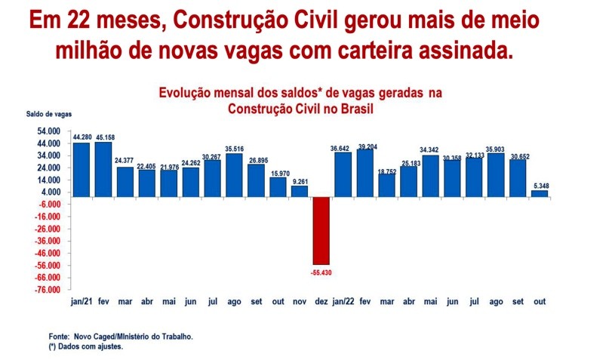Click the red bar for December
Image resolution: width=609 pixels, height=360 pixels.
point(321,230)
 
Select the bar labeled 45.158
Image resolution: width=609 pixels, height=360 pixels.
point(103,169)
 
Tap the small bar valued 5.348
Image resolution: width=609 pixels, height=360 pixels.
point(540,194)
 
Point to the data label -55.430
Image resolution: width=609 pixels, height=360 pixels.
point(321,270)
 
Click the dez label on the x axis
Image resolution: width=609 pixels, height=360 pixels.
point(321,301)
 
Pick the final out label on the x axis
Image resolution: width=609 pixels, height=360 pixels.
point(540,301)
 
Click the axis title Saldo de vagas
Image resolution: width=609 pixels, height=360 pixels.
point(49,114)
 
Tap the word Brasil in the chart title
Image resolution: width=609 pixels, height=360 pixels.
point(358,108)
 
